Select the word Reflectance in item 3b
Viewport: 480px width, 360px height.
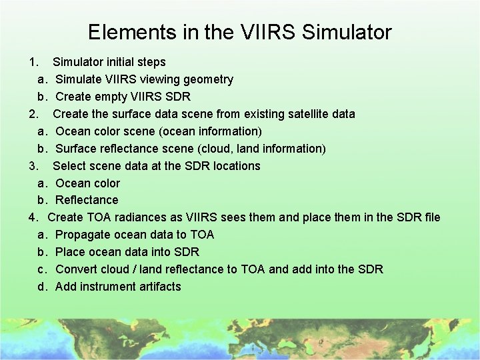coord(87,200)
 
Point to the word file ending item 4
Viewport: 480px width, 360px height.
coord(432,217)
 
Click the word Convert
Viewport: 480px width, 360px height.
coord(76,269)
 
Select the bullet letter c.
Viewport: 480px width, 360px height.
coord(41,269)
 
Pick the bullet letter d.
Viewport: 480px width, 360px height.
coord(41,287)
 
